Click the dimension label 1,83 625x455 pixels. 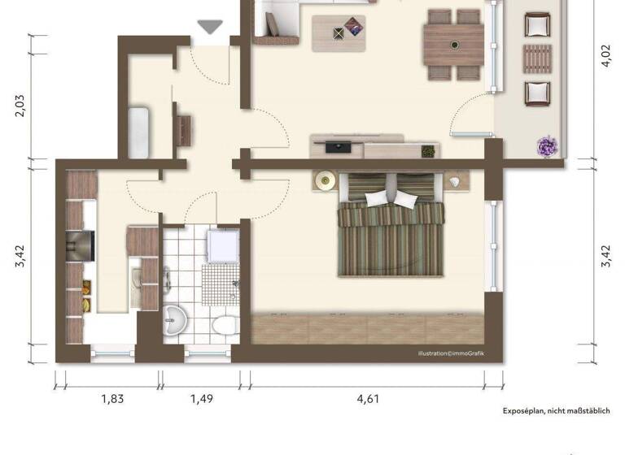(112, 398)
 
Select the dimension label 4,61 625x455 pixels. (366, 398)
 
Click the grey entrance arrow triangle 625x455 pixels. (211, 27)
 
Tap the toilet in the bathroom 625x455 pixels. (221, 327)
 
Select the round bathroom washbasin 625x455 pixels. (174, 322)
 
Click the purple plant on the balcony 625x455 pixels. (546, 146)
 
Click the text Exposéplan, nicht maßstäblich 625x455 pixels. (556, 411)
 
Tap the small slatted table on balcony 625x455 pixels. (536, 58)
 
